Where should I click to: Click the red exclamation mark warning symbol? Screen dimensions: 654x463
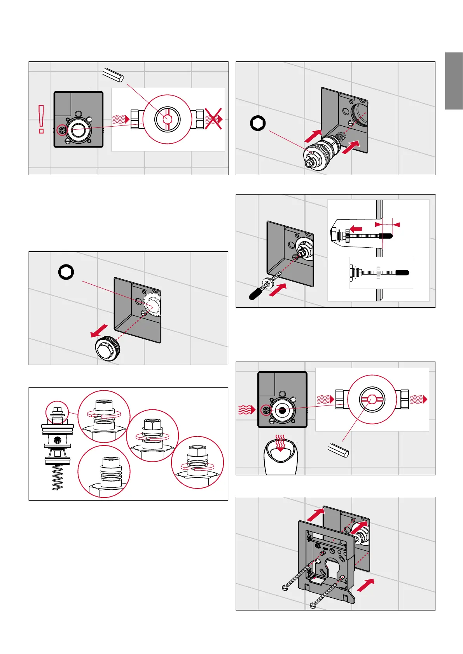[41, 119]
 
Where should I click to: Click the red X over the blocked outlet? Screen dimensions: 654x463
[213, 118]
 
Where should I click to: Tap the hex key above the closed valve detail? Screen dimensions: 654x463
[113, 74]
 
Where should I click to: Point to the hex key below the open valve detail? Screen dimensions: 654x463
[338, 451]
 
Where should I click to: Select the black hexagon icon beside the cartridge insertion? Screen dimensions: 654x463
[258, 123]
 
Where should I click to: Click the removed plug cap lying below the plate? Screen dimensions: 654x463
[108, 349]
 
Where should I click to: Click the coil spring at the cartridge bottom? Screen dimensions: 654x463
[58, 477]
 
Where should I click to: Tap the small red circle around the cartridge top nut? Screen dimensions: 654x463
[57, 412]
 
